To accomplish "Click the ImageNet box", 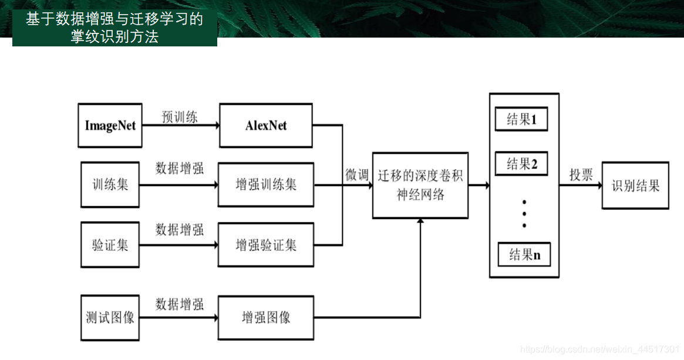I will [x=110, y=126].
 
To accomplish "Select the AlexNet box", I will [x=266, y=126].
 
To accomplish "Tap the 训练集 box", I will [x=110, y=185].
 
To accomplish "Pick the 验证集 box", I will [x=110, y=245].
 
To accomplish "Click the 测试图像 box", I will [x=110, y=318].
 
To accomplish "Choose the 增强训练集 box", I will [x=266, y=185].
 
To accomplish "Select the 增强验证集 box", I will [x=266, y=245].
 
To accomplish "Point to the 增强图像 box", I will [x=266, y=318].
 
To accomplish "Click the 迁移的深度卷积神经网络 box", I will [x=420, y=185].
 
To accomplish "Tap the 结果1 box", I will [x=521, y=120].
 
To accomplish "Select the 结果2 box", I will [x=521, y=164].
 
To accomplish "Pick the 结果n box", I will [x=524, y=254].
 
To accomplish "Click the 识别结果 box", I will [x=635, y=186].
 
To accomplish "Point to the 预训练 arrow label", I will [x=180, y=117].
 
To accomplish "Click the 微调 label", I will [x=356, y=175].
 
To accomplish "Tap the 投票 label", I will [x=581, y=175].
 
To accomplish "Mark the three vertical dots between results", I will [x=524, y=213].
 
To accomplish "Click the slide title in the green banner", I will [x=114, y=28].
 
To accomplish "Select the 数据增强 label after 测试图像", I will [x=180, y=304].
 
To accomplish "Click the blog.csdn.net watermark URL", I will [x=600, y=349].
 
